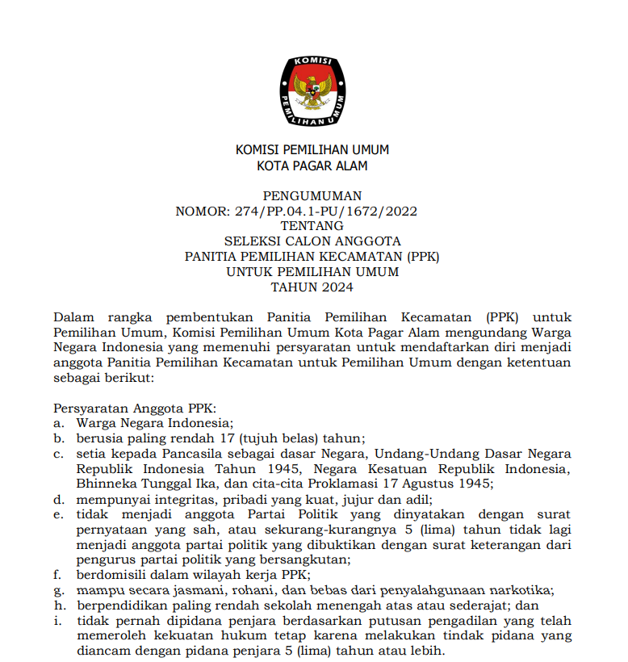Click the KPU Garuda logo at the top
point(312,90)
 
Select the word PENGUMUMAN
point(312,195)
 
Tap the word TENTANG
point(312,226)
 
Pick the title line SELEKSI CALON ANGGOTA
point(312,241)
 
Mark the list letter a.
point(58,423)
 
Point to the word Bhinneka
point(105,484)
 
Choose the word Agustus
point(430,484)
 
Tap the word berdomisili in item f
point(114,575)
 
